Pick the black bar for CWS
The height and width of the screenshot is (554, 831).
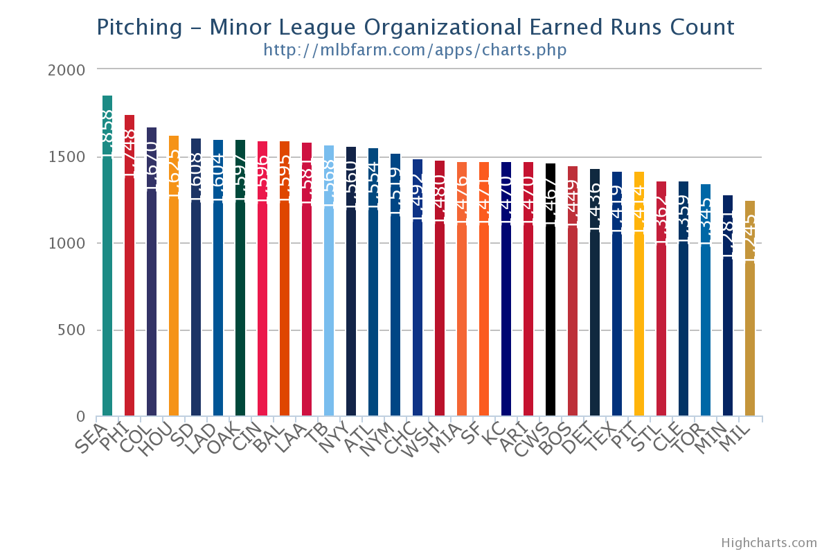tap(551, 298)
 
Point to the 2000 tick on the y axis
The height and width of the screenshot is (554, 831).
tap(67, 70)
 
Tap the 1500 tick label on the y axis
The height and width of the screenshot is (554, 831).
tap(67, 157)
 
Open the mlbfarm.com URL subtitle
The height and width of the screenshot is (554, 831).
tap(415, 51)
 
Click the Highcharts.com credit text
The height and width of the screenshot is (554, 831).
tap(769, 543)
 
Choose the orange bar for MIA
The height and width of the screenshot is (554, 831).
tap(462, 298)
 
